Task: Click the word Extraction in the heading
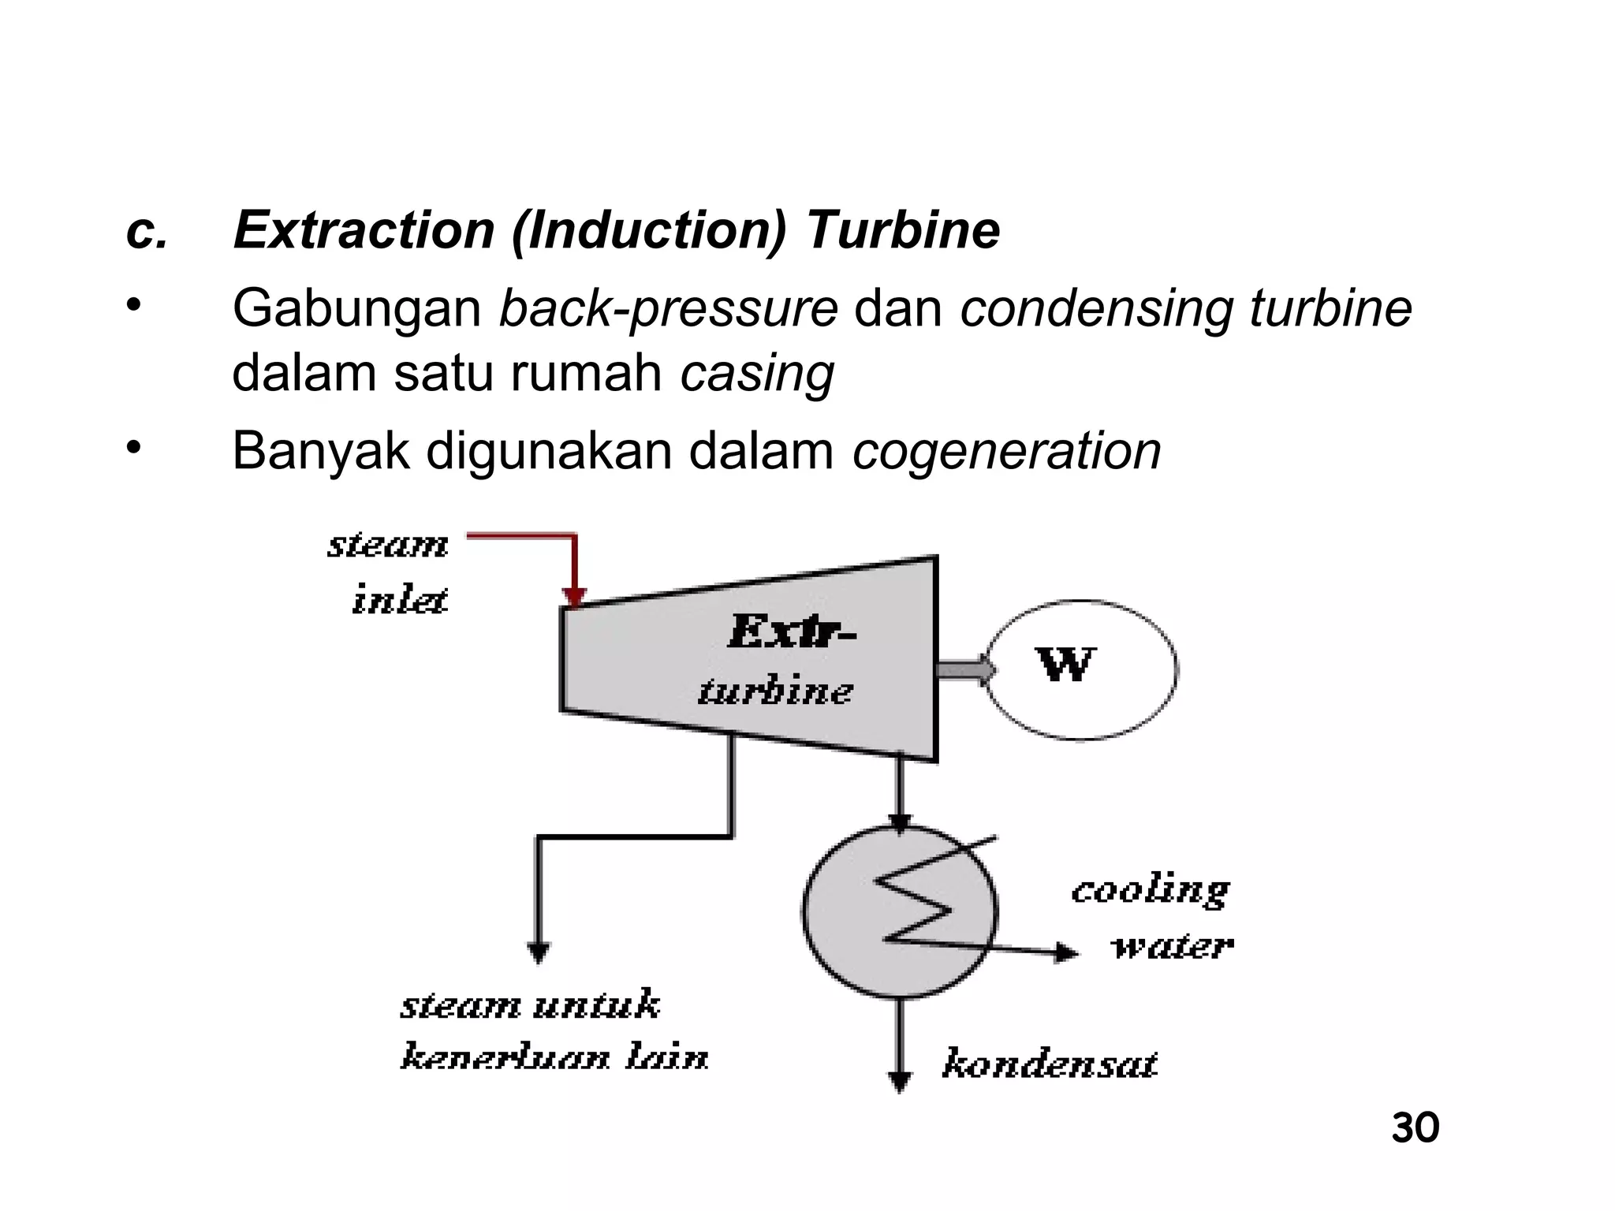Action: (364, 231)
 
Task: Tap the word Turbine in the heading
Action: (902, 231)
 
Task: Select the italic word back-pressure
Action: (668, 309)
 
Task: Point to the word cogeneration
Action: (1007, 452)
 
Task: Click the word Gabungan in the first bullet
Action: (356, 309)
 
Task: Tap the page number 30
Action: (1415, 1128)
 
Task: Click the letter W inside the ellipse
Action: (1065, 665)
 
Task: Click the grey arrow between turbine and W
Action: (964, 669)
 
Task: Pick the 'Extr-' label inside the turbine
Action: (790, 632)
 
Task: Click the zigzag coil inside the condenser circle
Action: (915, 907)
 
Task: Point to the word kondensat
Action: (1050, 1064)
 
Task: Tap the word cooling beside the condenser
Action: (1150, 891)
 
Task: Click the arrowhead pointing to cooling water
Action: (1066, 952)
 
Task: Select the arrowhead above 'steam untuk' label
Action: (538, 952)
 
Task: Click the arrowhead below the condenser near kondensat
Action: (900, 1082)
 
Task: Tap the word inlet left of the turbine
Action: (399, 601)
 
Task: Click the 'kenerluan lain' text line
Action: (554, 1057)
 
